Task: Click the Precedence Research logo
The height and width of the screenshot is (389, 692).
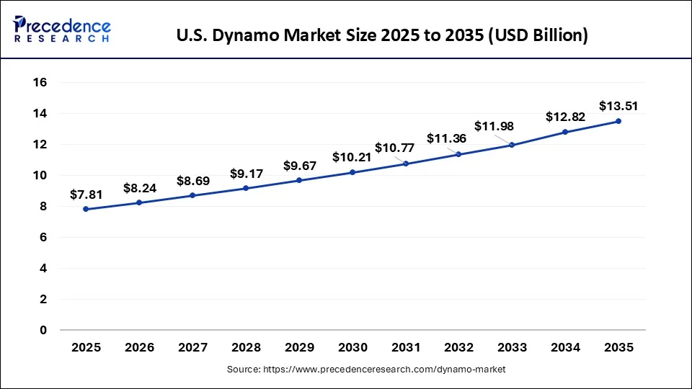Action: click(x=62, y=30)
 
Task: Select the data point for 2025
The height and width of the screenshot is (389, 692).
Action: click(x=86, y=209)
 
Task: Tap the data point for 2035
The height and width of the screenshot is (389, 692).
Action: click(x=618, y=121)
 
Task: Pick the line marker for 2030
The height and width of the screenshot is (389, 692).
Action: click(x=352, y=172)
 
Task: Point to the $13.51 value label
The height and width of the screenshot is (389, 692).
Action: click(x=618, y=107)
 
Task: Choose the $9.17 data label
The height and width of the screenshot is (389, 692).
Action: click(x=246, y=174)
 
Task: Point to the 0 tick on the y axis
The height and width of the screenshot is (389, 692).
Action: click(x=43, y=330)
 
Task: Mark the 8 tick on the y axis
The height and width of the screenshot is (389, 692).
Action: click(x=43, y=207)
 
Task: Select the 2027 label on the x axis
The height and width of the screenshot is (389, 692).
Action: click(x=192, y=347)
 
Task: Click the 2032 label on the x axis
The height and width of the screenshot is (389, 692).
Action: click(x=458, y=347)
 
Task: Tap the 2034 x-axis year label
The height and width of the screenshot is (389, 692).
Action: click(x=565, y=347)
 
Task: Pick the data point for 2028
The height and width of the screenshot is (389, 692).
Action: click(x=246, y=188)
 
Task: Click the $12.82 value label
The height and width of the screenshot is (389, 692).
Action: click(x=565, y=117)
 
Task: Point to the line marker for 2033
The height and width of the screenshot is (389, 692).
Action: click(x=512, y=145)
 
